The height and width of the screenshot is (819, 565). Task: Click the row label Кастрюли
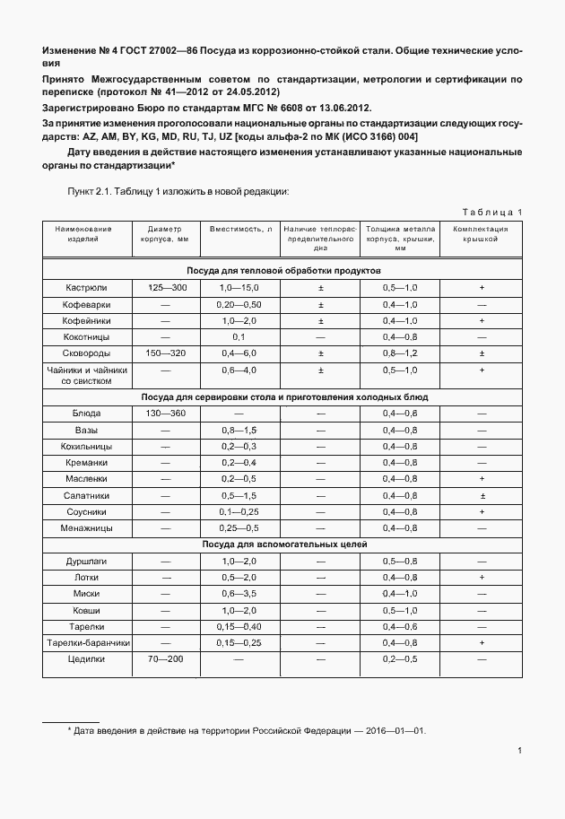(x=87, y=287)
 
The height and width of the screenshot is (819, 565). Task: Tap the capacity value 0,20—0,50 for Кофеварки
(x=239, y=304)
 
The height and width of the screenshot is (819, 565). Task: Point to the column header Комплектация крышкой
(x=482, y=235)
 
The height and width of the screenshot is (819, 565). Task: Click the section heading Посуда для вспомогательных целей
(x=284, y=545)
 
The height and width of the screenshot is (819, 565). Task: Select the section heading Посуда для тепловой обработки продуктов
(x=284, y=270)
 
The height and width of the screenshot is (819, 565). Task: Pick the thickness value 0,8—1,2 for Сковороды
(x=400, y=353)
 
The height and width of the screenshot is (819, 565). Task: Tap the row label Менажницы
(x=87, y=528)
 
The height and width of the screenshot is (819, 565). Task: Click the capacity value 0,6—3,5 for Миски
(x=239, y=594)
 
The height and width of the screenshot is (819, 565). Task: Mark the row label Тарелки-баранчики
(x=88, y=643)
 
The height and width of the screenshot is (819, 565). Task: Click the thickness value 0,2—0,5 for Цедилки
(x=400, y=659)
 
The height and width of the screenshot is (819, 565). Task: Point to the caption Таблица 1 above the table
(x=492, y=212)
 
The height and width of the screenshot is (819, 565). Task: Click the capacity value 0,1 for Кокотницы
(x=239, y=336)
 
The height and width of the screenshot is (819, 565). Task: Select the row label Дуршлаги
(x=87, y=561)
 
